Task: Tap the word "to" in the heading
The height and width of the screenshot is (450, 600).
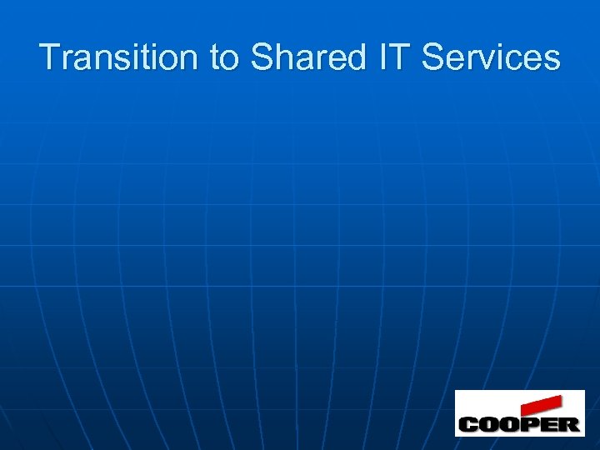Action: (x=224, y=58)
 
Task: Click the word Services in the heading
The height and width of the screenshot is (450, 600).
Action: (x=491, y=58)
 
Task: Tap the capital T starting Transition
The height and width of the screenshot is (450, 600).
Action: (x=48, y=58)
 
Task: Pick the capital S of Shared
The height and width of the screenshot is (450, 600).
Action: (x=262, y=58)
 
